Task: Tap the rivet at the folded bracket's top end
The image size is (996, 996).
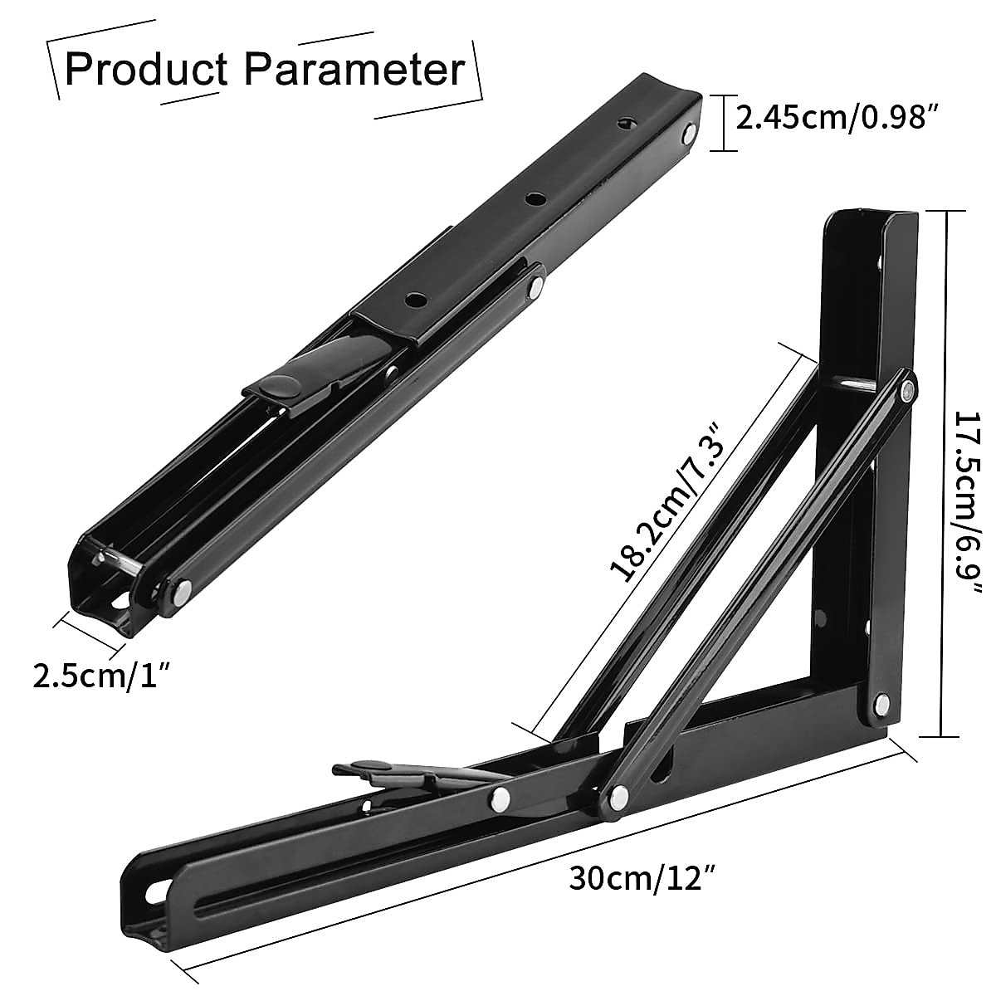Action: [688, 133]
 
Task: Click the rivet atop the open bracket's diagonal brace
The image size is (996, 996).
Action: [909, 387]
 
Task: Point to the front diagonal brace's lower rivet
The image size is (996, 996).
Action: [618, 796]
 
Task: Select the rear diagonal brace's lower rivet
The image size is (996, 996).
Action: [500, 798]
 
